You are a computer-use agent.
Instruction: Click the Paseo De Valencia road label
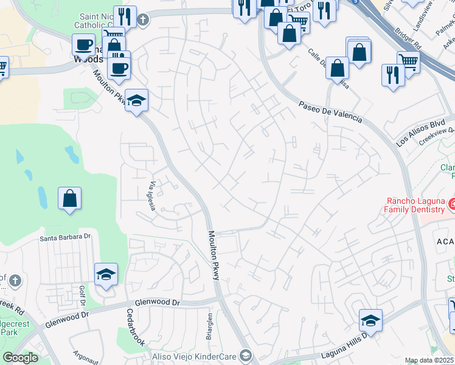coord(330,113)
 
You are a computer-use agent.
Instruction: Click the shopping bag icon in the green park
coord(70,198)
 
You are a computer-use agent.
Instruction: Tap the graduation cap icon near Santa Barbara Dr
coord(106,274)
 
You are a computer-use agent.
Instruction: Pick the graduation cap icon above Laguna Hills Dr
coord(370,319)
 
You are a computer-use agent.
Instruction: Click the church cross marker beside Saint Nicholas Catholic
coord(143,20)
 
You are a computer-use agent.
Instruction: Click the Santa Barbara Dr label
coord(65,237)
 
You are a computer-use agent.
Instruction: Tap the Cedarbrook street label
coord(135,329)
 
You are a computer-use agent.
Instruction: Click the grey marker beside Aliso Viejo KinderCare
coord(245,355)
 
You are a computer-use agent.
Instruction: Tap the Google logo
coord(20,358)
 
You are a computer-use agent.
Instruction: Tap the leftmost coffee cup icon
coord(83,45)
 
